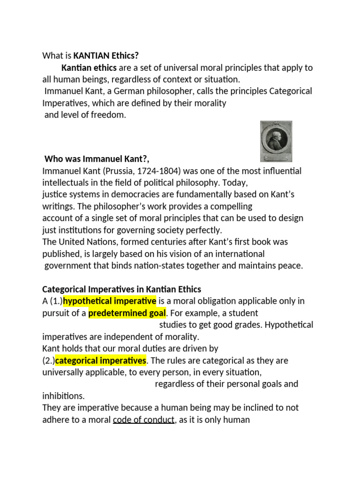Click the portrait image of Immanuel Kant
point(276,141)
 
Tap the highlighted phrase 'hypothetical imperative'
point(110,301)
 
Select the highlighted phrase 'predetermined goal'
point(127,313)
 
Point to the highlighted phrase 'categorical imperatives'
point(101,360)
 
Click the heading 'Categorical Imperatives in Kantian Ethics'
point(122,289)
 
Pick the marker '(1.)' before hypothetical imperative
point(55,301)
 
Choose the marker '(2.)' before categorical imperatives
point(49,360)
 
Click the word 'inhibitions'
point(63,396)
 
